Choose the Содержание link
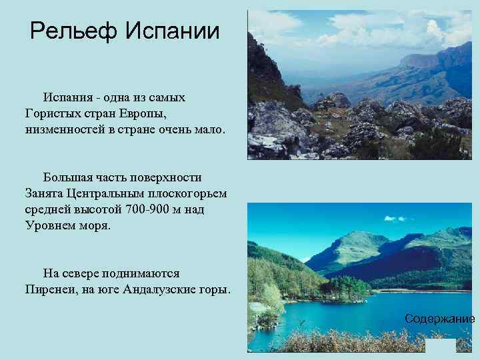[x=439, y=319]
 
